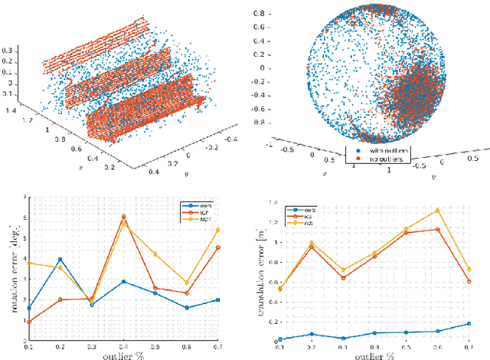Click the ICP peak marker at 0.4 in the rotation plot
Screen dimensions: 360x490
pyautogui.click(x=123, y=217)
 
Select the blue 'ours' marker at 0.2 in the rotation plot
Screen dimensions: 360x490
pyautogui.click(x=60, y=260)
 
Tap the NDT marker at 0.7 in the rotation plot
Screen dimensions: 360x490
pyautogui.click(x=218, y=230)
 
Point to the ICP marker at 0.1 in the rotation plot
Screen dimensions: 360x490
pyautogui.click(x=28, y=322)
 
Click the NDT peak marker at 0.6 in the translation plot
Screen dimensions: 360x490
pyautogui.click(x=437, y=210)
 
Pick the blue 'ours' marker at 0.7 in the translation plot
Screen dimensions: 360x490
pyautogui.click(x=469, y=323)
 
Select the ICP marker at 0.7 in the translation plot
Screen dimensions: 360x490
pyautogui.click(x=469, y=281)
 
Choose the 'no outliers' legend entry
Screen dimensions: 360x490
pyautogui.click(x=384, y=161)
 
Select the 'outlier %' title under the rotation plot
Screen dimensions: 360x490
pyautogui.click(x=123, y=355)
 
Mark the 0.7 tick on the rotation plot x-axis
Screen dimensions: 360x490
pyautogui.click(x=218, y=347)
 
